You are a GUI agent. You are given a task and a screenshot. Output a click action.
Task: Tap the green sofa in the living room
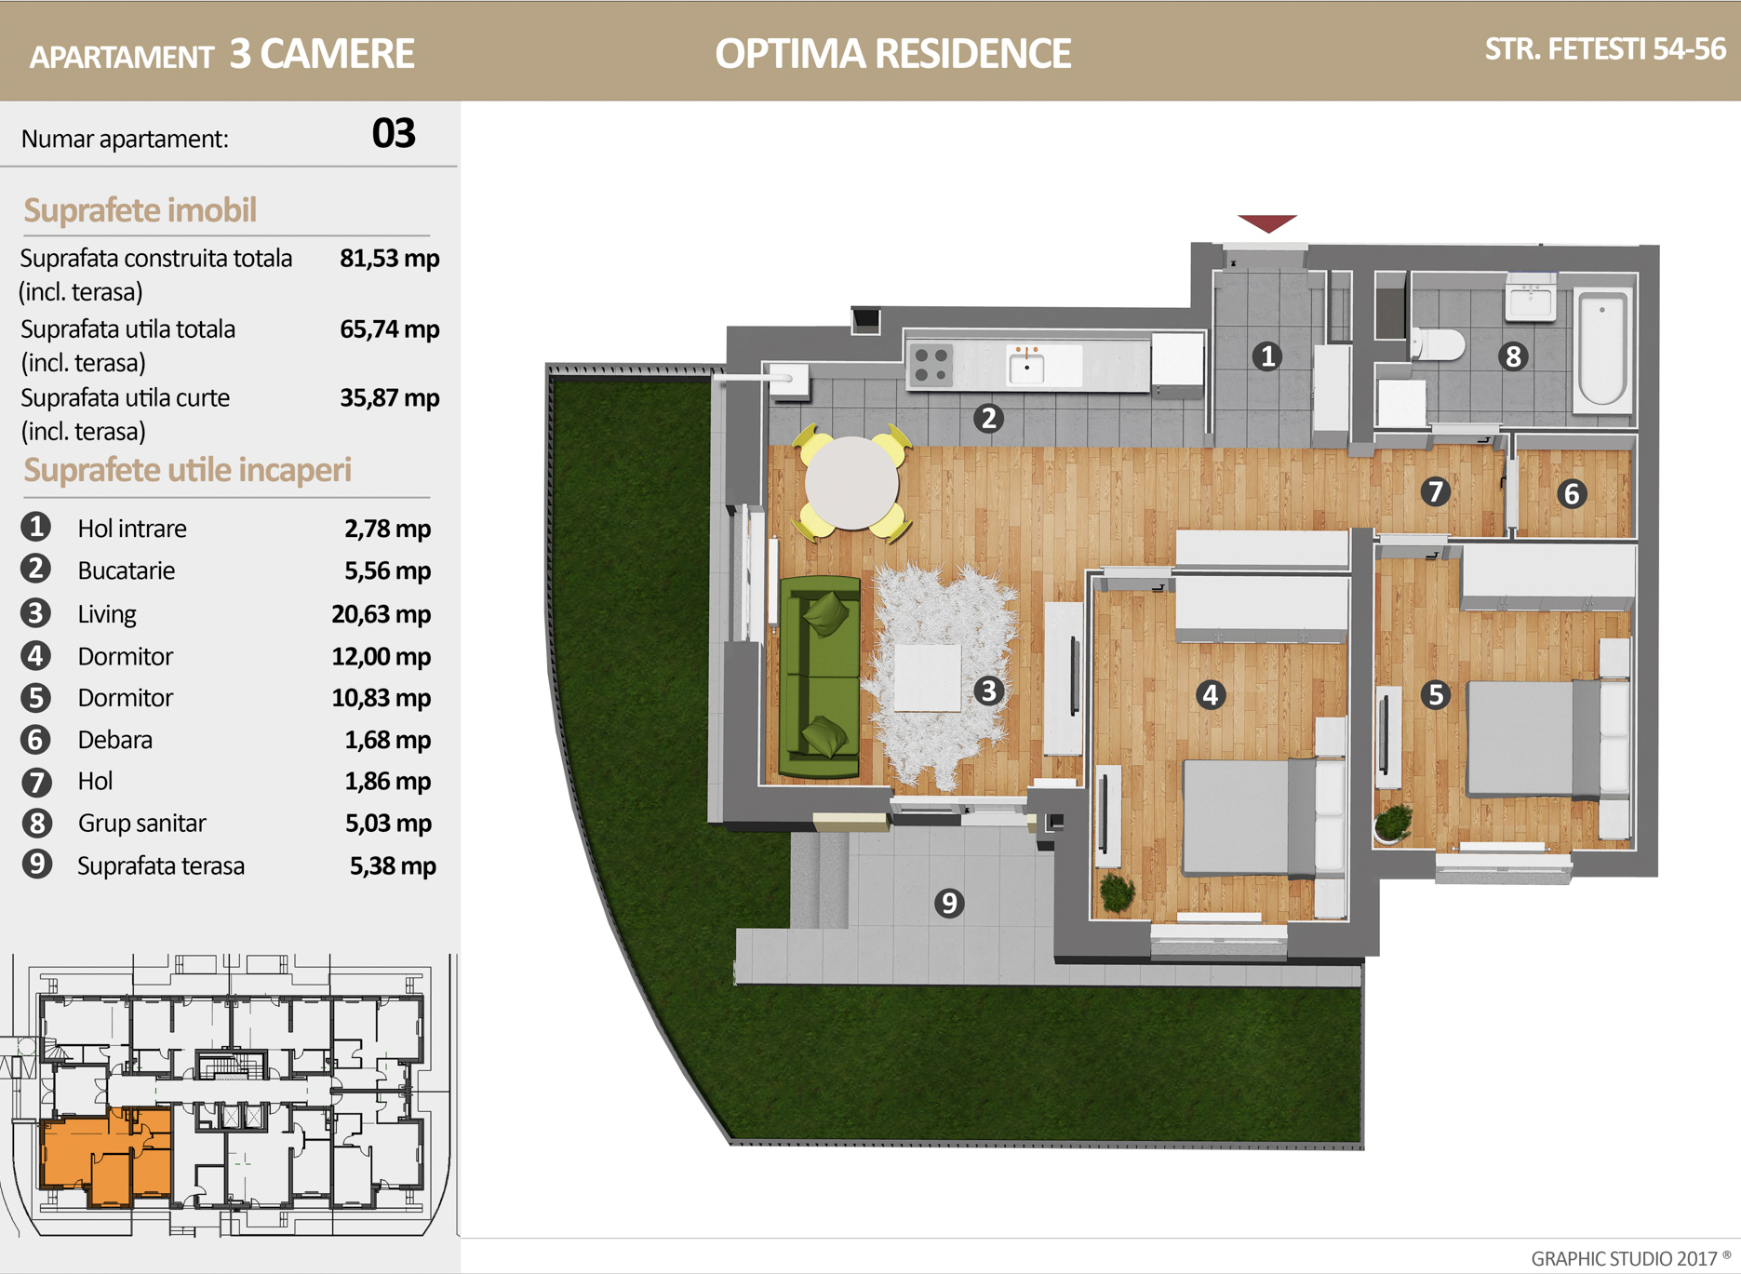820,677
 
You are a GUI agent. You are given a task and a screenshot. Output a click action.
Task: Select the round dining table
851,483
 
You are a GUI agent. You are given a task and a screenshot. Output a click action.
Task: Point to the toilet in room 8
1438,343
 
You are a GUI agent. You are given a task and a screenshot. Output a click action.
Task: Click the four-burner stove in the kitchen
931,364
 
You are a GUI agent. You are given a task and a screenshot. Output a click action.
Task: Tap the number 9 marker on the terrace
949,903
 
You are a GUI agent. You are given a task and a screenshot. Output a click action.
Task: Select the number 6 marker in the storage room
1572,493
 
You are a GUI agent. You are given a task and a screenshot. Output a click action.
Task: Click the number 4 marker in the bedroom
1210,694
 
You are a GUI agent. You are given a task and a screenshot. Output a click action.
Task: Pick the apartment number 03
394,134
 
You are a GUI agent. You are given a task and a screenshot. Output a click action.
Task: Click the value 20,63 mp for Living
382,614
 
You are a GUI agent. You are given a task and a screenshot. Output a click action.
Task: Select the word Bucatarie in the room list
127,570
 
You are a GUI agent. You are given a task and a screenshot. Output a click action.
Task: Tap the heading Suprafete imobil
140,210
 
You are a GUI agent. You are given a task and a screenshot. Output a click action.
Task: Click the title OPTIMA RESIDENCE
893,53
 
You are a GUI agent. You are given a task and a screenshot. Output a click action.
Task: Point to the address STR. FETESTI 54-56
1605,48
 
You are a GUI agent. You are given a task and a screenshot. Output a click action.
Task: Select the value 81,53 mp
390,258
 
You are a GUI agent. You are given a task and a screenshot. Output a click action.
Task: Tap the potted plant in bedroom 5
1393,824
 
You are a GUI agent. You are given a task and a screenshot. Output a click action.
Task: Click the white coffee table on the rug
928,677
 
